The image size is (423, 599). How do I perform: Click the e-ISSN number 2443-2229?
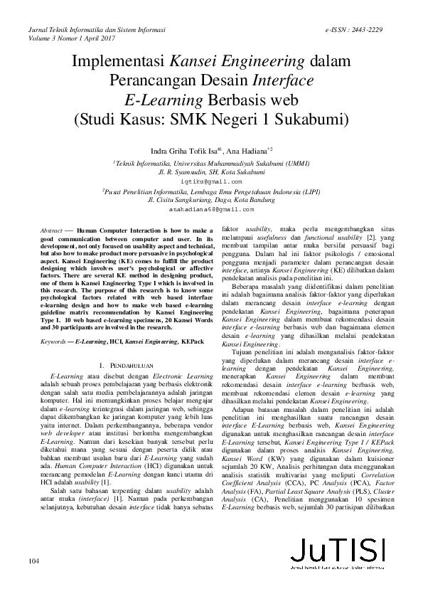tap(365, 30)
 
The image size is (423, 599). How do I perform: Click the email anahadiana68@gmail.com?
tap(211, 211)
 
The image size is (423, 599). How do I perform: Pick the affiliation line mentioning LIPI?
tap(211, 191)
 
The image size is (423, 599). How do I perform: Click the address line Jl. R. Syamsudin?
tap(212, 172)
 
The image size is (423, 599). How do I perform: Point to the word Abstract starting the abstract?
tap(51, 232)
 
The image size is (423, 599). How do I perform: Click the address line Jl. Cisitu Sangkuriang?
tap(211, 201)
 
